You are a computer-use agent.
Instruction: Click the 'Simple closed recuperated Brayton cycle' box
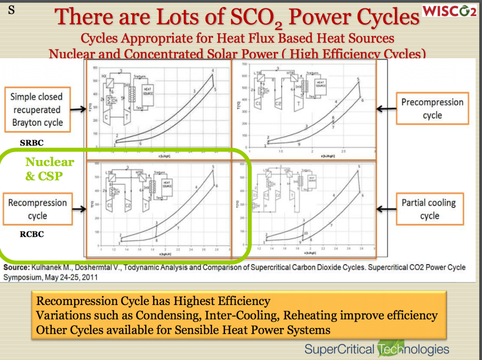(x=37, y=110)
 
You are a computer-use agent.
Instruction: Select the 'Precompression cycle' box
(x=432, y=109)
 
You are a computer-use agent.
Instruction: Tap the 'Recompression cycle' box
(x=38, y=209)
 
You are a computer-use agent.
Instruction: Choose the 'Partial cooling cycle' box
(x=428, y=209)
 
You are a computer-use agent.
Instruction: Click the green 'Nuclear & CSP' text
(x=49, y=168)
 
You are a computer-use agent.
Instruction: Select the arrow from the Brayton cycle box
(x=78, y=110)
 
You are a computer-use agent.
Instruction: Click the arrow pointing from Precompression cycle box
(x=386, y=109)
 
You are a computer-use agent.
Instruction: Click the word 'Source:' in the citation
(x=16, y=267)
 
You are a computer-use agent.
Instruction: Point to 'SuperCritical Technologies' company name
(x=377, y=349)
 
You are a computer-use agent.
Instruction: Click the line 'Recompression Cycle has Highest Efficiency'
(x=153, y=301)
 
